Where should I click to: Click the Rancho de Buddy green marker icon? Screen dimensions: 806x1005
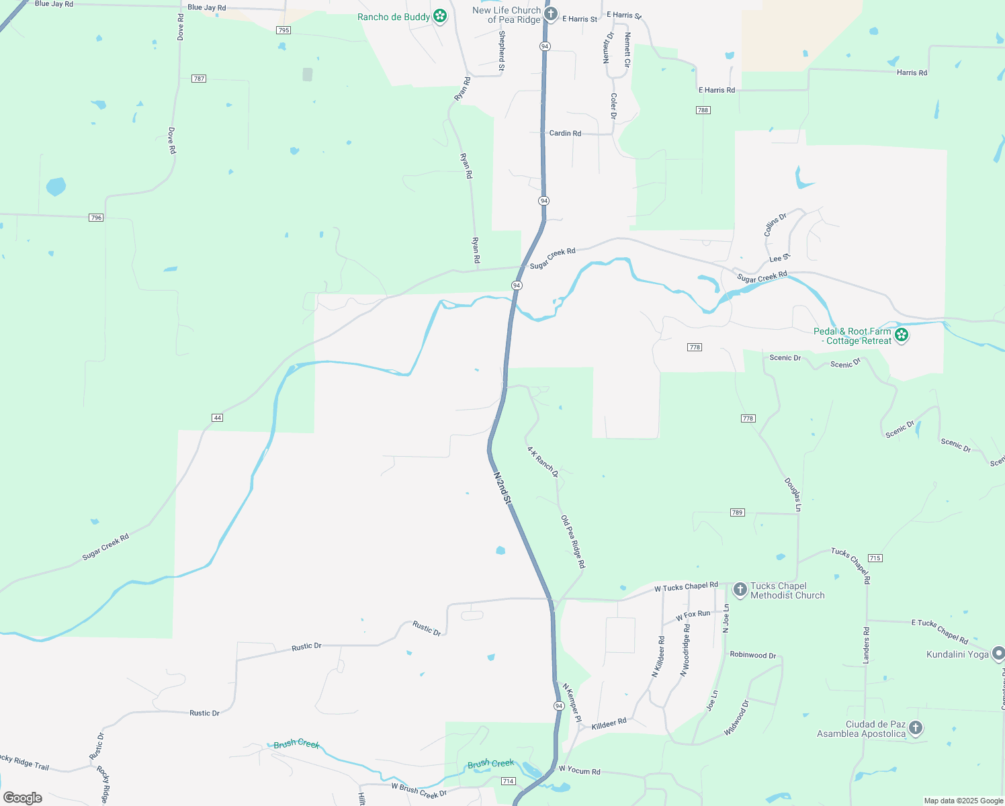(440, 16)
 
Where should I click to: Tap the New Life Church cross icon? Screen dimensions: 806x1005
(551, 14)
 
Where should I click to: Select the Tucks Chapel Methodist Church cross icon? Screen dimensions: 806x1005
(740, 590)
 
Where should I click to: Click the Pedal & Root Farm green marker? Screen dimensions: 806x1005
(902, 334)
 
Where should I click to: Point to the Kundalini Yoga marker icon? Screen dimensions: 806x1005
(998, 653)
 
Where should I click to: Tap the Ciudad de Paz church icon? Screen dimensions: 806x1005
(915, 728)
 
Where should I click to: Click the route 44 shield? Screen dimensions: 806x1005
(217, 418)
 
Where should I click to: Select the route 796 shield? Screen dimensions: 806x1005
(96, 218)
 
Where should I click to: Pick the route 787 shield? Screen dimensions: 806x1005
(198, 79)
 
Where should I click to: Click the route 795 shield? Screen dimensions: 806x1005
(283, 30)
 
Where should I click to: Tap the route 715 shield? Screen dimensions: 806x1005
(875, 558)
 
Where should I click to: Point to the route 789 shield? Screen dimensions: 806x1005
(737, 512)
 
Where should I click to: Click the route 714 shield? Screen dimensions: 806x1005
(508, 781)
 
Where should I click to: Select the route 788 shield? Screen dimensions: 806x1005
(703, 110)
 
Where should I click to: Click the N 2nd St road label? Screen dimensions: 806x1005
(502, 488)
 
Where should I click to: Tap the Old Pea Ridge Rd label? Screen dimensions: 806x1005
(573, 542)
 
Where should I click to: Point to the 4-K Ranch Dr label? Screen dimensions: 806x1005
(542, 462)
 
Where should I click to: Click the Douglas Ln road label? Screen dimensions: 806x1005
(793, 494)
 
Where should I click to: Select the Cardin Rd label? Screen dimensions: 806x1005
(565, 133)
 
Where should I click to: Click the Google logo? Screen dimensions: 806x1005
(23, 798)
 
